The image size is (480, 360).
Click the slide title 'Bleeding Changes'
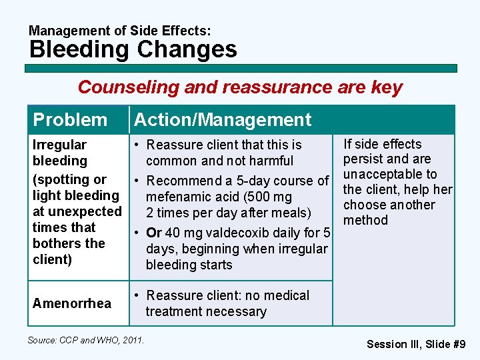click(x=133, y=49)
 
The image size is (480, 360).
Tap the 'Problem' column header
click(x=70, y=120)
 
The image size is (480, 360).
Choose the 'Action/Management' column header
click(x=223, y=120)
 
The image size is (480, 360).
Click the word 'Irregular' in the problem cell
click(x=59, y=145)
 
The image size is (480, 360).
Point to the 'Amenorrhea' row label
click(x=72, y=303)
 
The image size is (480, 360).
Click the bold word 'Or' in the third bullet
click(x=155, y=233)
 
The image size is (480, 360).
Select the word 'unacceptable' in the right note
click(x=390, y=174)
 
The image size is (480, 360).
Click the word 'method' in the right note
click(x=365, y=220)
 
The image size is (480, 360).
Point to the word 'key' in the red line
click(x=388, y=87)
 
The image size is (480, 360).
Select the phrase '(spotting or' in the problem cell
click(x=69, y=179)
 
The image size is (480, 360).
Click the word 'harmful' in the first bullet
click(x=269, y=161)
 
